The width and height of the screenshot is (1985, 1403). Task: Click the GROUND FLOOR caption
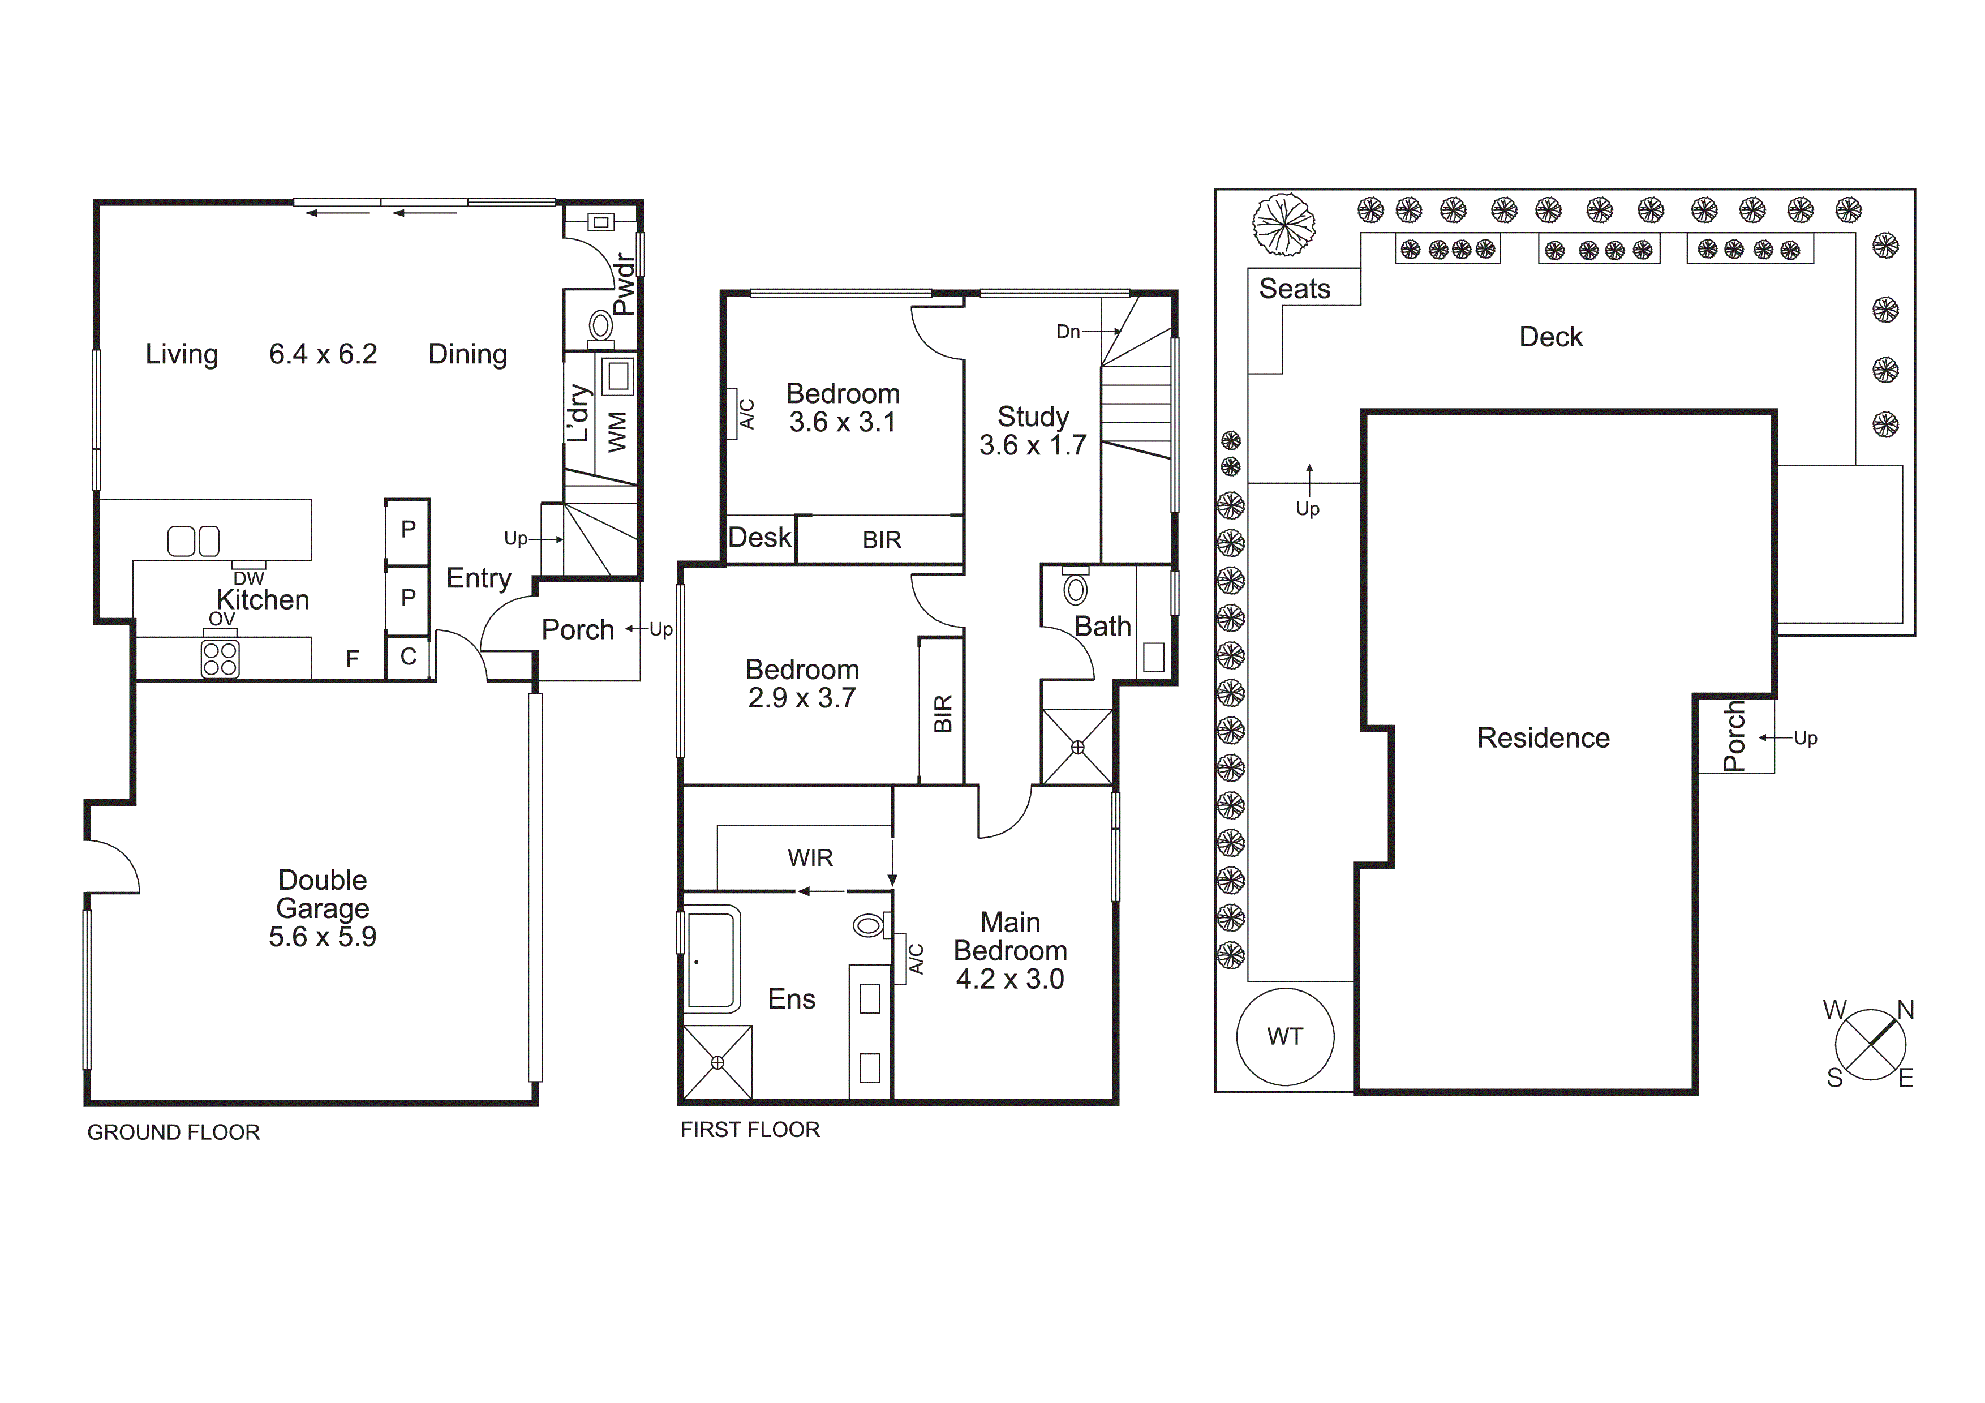173,1132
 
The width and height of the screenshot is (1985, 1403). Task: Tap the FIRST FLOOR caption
750,1130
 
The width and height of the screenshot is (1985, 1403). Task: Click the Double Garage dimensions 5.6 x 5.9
323,937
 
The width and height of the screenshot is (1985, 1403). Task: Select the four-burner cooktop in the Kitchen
220,659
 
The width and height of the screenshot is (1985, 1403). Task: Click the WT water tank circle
1284,1036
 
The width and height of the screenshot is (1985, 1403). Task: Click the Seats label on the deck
1294,289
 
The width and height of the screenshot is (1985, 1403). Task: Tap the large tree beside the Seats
1284,225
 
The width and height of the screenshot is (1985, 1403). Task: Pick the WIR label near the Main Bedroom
810,859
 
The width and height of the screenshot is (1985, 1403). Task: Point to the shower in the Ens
717,1062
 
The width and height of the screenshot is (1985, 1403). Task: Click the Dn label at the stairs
1068,332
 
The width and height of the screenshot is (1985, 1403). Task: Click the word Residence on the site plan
1543,738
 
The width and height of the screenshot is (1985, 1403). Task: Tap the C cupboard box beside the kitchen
408,657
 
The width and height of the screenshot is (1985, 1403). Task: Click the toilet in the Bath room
1075,590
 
